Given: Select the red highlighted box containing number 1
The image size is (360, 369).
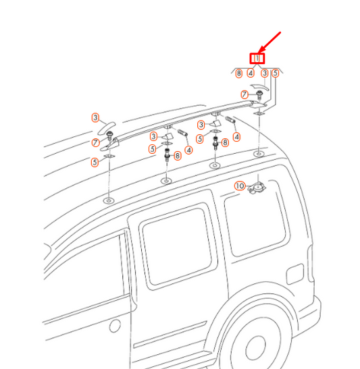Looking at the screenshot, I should pos(258,59).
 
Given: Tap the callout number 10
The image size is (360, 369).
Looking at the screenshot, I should pos(240,186).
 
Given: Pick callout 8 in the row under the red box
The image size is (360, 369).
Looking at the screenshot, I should pos(239,73).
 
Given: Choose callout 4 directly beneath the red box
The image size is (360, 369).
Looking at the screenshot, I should pos(251,73).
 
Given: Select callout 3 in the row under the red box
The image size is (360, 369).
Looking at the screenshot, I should pos(265,73).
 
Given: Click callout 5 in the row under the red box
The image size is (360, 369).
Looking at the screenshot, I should pos(276,73).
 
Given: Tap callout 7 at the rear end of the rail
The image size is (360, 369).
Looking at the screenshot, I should pos(245,94).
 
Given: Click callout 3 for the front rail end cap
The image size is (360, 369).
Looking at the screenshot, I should pos(96,117).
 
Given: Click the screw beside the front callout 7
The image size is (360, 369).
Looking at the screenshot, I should pos(108,138).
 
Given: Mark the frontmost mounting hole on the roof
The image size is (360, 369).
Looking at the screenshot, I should pos(108,202).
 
